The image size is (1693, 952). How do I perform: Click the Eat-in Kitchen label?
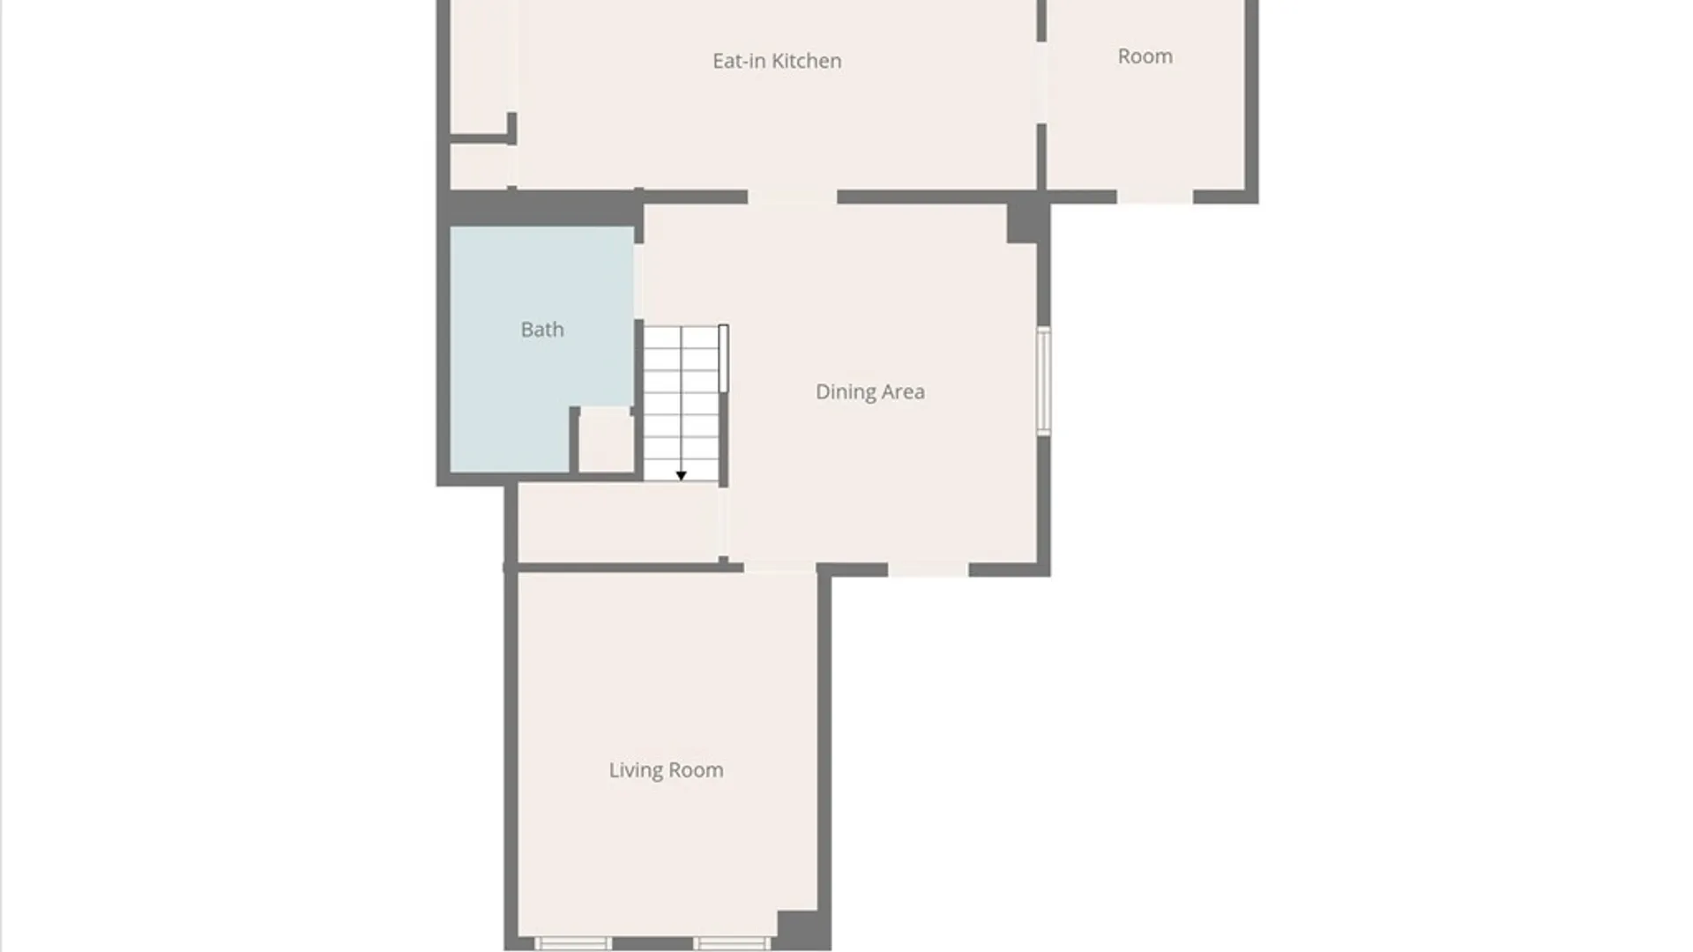pyautogui.click(x=777, y=61)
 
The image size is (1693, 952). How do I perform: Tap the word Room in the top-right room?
pyautogui.click(x=1145, y=56)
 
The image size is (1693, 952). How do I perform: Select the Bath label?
pyautogui.click(x=542, y=330)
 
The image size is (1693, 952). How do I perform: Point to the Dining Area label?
pyautogui.click(x=870, y=391)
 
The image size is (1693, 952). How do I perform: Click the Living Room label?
pyautogui.click(x=666, y=770)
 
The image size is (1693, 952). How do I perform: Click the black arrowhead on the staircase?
pyautogui.click(x=681, y=476)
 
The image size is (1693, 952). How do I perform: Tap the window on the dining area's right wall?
pyautogui.click(x=1043, y=381)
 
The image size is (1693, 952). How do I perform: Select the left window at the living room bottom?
pyautogui.click(x=573, y=943)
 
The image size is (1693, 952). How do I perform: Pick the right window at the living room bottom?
pyautogui.click(x=731, y=943)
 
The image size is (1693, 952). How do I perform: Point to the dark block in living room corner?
pyautogui.click(x=802, y=930)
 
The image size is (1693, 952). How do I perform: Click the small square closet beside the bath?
pyautogui.click(x=606, y=440)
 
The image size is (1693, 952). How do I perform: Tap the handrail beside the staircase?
pyautogui.click(x=723, y=358)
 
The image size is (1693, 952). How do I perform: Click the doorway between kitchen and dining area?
pyautogui.click(x=792, y=197)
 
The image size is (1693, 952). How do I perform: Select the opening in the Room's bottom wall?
pyautogui.click(x=1155, y=197)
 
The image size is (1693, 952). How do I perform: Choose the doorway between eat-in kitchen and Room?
pyautogui.click(x=1041, y=83)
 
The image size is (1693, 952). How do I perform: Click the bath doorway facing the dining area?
pyautogui.click(x=638, y=281)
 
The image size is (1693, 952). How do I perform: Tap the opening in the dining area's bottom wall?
pyautogui.click(x=928, y=569)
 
